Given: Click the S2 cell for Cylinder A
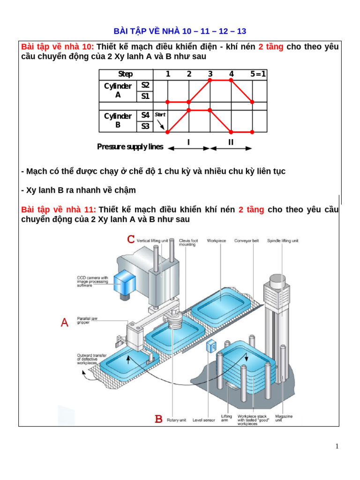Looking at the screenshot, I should click(145, 85).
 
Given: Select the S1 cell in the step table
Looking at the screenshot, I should click(145, 97).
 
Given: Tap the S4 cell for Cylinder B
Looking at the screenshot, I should click(145, 115).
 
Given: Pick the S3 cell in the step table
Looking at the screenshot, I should click(145, 126).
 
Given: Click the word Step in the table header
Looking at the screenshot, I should click(125, 74).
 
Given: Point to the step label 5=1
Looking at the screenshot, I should click(258, 74).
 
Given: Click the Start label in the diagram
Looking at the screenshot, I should click(160, 114).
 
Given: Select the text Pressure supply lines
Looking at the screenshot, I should click(130, 147).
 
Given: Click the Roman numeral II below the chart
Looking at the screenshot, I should click(231, 142).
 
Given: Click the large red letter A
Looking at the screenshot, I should click(65, 322).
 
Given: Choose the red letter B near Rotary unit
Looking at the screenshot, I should click(159, 419).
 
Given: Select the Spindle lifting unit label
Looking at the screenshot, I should click(283, 241).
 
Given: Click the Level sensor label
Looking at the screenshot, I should click(204, 420).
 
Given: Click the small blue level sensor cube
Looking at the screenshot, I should click(211, 347).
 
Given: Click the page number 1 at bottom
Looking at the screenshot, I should click(337, 446).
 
